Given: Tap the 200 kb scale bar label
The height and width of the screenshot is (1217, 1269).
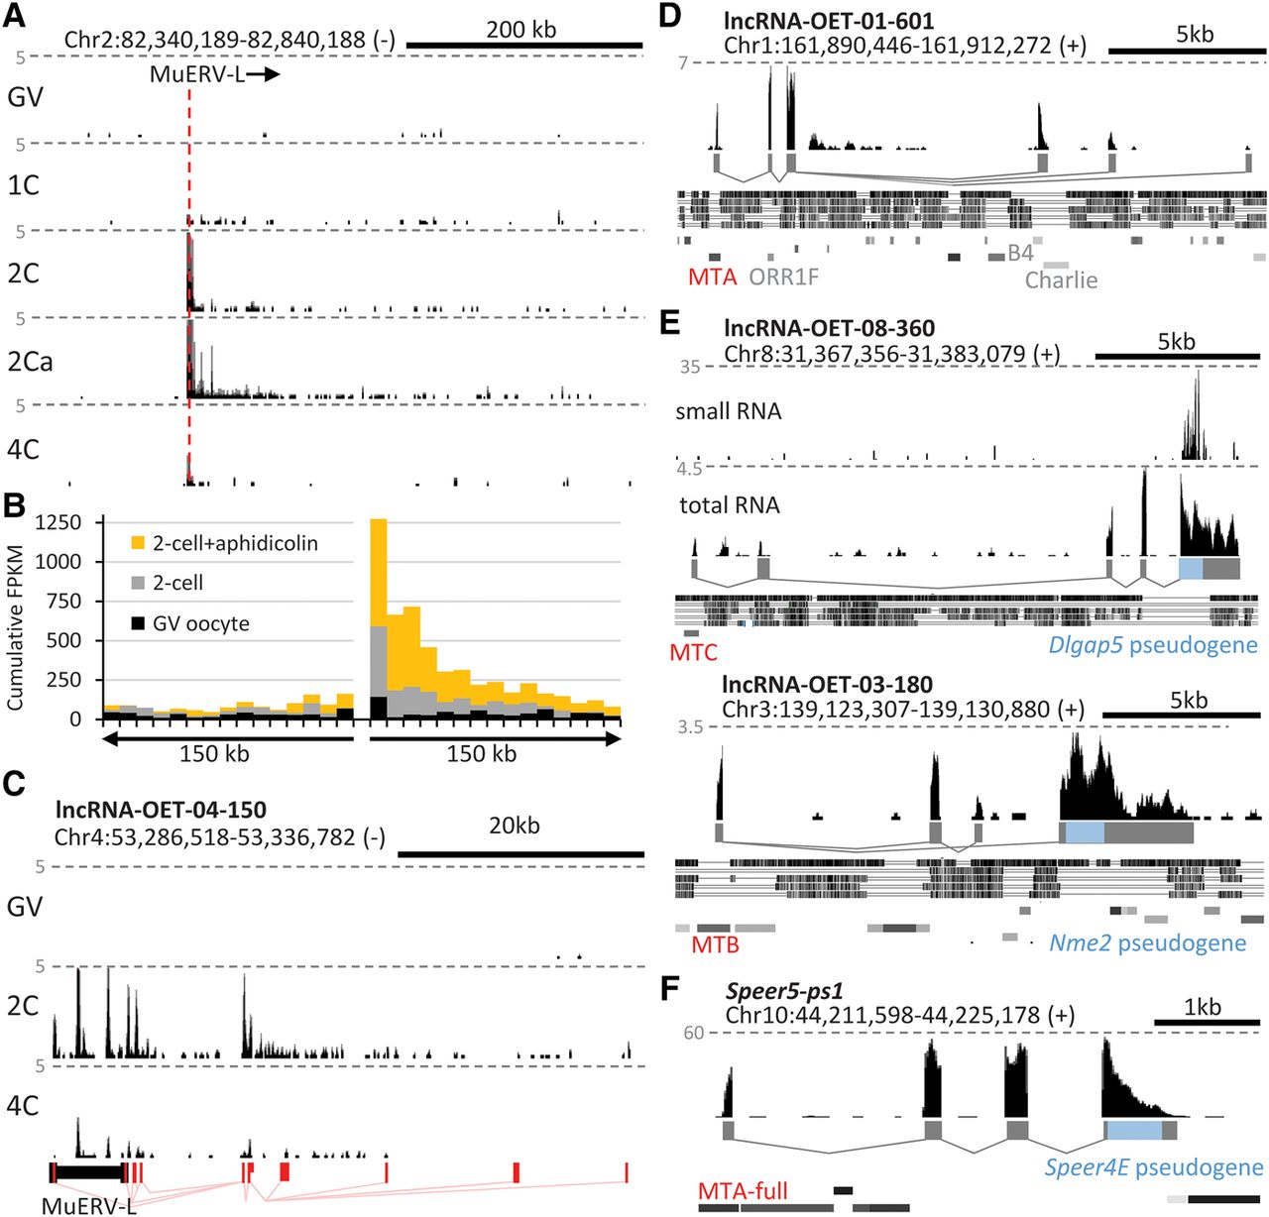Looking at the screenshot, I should [520, 30].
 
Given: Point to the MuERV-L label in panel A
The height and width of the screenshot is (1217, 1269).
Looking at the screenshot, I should [197, 74].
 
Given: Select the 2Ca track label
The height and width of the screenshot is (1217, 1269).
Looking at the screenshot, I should [30, 362].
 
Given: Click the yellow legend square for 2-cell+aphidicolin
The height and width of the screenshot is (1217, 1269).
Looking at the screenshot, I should [138, 543].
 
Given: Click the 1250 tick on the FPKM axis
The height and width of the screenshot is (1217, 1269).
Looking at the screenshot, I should [58, 522].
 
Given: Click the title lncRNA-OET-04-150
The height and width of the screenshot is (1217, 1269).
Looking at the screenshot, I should [161, 811].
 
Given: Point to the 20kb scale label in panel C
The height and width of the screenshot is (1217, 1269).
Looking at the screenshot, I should [514, 826].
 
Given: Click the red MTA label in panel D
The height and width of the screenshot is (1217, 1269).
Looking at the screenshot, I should [712, 277].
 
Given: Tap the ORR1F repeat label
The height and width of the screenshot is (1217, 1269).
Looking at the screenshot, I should [784, 277].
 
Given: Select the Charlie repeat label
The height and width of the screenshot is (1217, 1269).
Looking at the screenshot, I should [1061, 279].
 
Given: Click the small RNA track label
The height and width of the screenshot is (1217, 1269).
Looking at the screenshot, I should [728, 411].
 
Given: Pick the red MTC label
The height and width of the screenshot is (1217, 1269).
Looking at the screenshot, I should [693, 652].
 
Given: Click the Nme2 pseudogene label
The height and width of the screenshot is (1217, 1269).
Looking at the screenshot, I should [1147, 942].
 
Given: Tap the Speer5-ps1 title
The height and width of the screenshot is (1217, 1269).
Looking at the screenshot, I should [784, 991].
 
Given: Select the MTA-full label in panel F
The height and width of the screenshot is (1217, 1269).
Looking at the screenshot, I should [743, 1190].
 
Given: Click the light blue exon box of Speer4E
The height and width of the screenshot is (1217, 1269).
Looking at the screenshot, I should [1134, 1130].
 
